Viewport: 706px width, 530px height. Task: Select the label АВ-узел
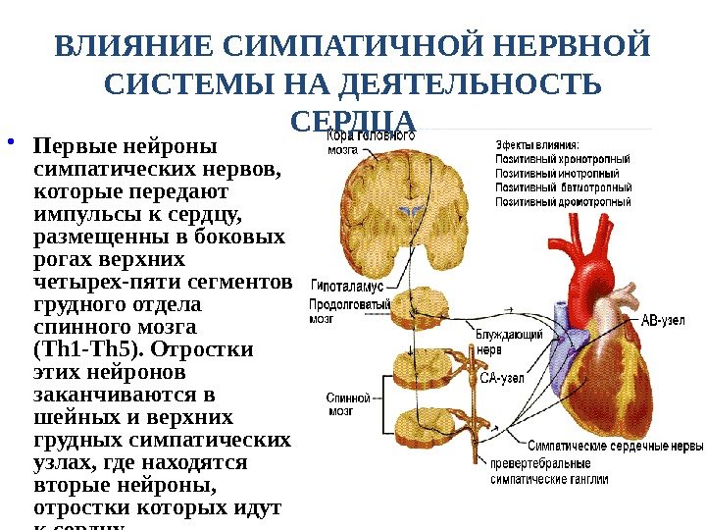[x=663, y=320]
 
